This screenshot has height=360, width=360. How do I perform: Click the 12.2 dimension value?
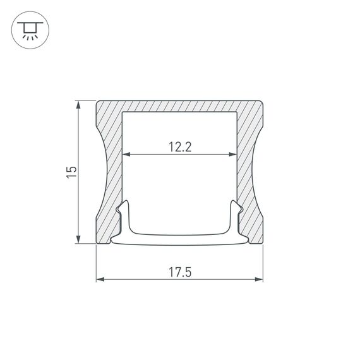[180, 147]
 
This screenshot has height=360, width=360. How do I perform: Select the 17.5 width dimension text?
[180, 273]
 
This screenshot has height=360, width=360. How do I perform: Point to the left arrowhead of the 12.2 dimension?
[124, 154]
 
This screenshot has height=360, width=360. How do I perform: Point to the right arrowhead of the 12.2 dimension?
[235, 154]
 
